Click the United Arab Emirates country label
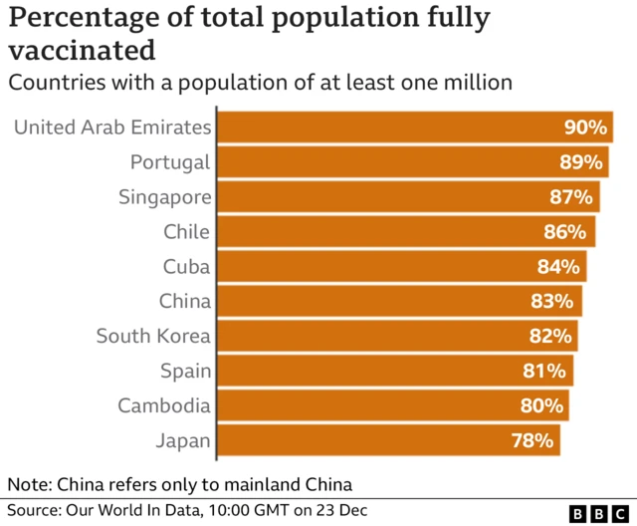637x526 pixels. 112,128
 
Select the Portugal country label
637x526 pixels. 170,162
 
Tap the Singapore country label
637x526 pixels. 164,197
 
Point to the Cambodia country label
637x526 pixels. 163,406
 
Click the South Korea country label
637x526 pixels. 153,337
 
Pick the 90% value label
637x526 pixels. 584,128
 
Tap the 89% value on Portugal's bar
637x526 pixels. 580,162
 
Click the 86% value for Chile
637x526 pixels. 567,232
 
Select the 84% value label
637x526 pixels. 558,267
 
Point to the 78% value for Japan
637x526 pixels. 531,440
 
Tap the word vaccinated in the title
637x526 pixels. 82,50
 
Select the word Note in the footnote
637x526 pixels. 29,485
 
